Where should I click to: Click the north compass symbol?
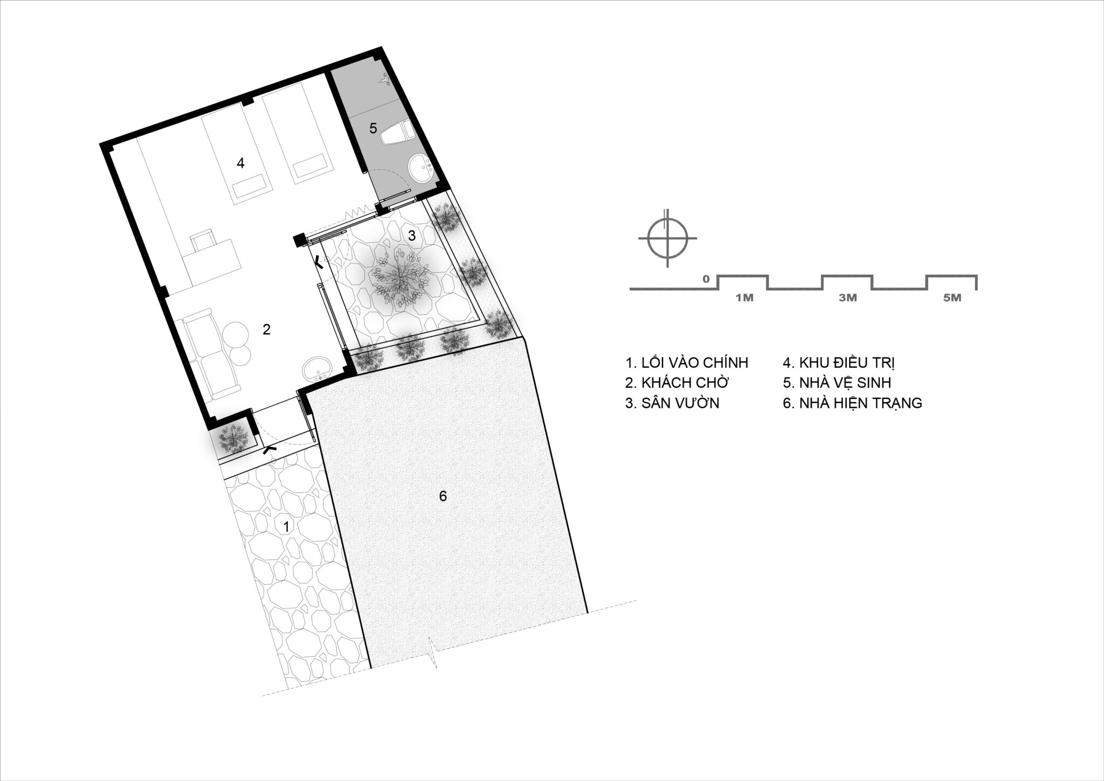pos(667,238)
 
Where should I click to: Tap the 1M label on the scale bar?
pos(744,298)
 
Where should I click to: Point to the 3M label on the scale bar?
pos(848,298)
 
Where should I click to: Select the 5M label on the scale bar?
pos(953,298)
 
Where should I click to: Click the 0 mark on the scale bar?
pos(706,279)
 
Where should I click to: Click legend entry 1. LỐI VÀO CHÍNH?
pos(687,362)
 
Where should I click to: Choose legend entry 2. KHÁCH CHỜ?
pos(677,382)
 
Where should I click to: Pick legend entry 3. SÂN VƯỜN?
pos(672,403)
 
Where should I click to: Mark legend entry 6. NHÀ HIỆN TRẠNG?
pos(852,403)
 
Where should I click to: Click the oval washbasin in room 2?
pos(318,371)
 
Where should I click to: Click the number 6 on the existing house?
pos(443,496)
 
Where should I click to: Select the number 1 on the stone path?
pos(286,526)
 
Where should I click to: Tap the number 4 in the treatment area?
pos(240,162)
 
